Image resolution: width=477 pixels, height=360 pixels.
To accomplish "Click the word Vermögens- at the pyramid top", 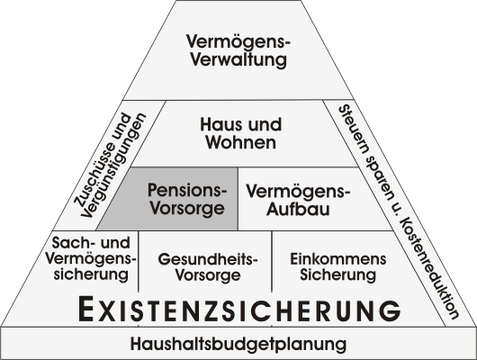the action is (x=238, y=42).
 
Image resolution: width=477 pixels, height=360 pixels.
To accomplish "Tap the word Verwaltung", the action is (x=238, y=59).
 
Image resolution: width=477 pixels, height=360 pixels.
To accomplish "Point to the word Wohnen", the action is (x=241, y=142).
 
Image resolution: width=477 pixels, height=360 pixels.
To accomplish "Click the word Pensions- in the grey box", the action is (x=187, y=190).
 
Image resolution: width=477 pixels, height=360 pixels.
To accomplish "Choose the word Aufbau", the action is (x=298, y=209).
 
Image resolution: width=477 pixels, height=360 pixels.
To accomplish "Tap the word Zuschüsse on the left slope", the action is (x=103, y=160).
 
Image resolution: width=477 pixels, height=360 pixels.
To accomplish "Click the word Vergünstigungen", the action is (x=113, y=166).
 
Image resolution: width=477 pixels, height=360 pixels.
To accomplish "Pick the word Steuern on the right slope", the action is (x=354, y=129).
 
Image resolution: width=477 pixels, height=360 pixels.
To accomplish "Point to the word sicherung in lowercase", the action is (x=91, y=274).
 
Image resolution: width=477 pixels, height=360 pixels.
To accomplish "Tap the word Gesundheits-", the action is (x=208, y=259).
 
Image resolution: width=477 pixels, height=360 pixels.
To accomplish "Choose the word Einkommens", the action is (x=338, y=259).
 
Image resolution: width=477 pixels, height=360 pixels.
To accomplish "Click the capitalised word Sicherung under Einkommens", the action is (x=338, y=274).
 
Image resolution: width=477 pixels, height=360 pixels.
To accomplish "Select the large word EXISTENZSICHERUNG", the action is (x=239, y=309).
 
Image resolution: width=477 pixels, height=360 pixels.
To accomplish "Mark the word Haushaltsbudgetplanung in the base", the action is (x=238, y=344).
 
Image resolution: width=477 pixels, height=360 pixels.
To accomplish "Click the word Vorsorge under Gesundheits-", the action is (x=208, y=275).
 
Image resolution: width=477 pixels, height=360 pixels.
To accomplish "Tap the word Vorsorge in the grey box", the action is (x=188, y=208).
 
